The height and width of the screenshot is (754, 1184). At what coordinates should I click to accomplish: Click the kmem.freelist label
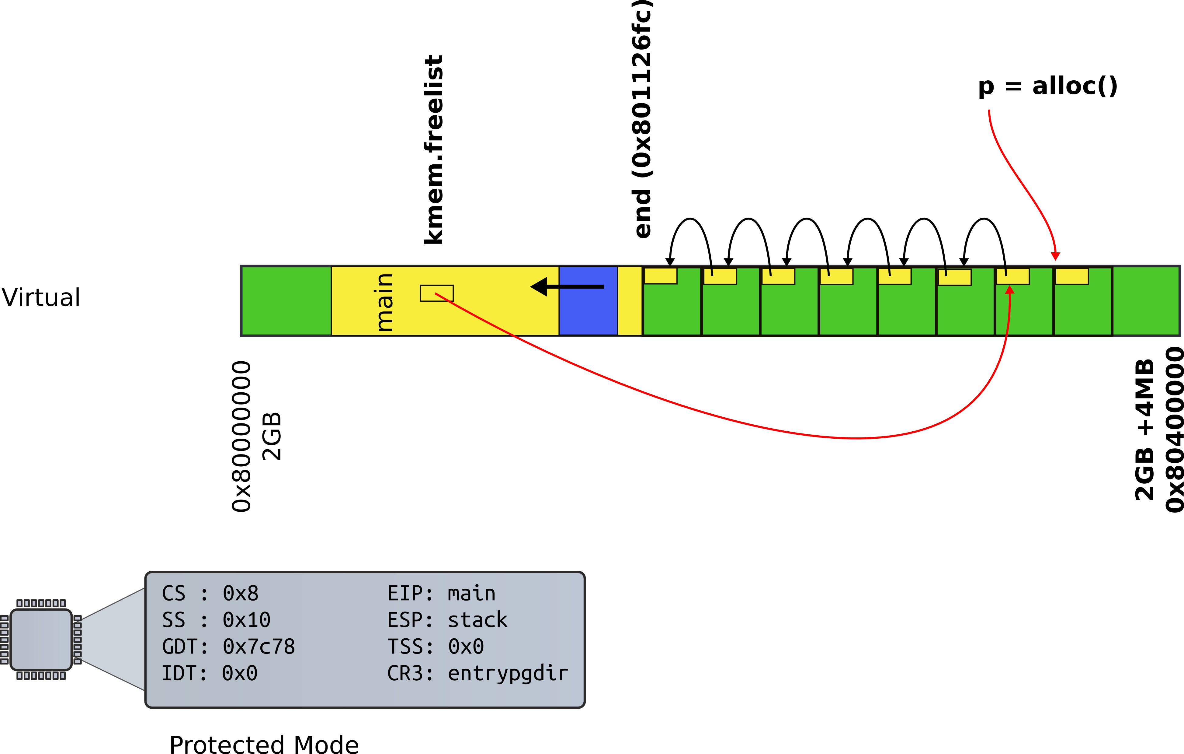pyautogui.click(x=434, y=149)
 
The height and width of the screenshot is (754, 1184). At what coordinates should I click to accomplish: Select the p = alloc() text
pyautogui.click(x=1047, y=87)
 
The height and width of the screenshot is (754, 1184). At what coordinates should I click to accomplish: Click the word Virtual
pyautogui.click(x=41, y=297)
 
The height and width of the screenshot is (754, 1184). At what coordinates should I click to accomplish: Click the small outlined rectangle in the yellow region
pyautogui.click(x=437, y=293)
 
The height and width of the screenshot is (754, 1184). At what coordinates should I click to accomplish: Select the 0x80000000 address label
pyautogui.click(x=241, y=436)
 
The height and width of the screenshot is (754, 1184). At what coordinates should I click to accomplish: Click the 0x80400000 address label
pyautogui.click(x=1174, y=429)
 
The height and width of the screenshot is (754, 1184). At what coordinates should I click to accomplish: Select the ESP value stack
pyautogui.click(x=477, y=620)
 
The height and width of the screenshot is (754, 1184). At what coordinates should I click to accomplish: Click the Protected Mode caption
pyautogui.click(x=264, y=744)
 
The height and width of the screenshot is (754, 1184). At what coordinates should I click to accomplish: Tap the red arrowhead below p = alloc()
pyautogui.click(x=1055, y=256)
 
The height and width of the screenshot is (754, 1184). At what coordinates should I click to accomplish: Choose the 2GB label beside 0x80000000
pyautogui.click(x=271, y=436)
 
